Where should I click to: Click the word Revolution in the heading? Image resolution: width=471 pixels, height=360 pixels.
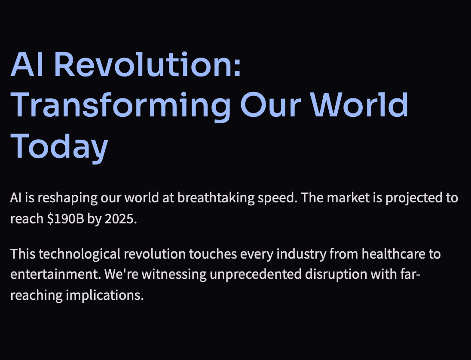pos(147,64)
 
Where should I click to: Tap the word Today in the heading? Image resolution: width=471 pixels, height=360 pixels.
pos(59,147)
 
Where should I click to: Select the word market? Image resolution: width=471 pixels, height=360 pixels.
pos(348,198)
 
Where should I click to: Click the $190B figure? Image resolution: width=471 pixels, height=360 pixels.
pos(65,219)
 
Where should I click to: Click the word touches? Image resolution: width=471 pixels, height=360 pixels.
pos(213,254)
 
